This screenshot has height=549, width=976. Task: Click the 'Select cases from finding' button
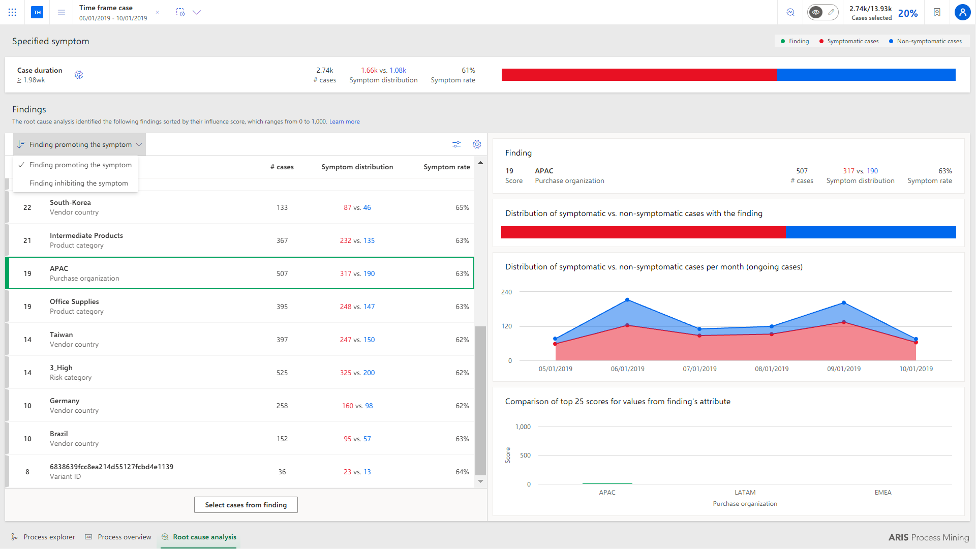click(x=246, y=505)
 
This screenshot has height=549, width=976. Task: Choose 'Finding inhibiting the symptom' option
click(x=79, y=183)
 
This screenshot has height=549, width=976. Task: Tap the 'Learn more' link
click(x=345, y=121)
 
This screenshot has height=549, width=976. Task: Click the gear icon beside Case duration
click(x=79, y=75)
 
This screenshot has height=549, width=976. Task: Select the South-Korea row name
click(x=70, y=202)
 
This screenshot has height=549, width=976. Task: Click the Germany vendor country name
click(x=65, y=401)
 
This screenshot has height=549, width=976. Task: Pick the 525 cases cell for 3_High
click(x=282, y=373)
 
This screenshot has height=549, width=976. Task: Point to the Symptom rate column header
click(x=447, y=167)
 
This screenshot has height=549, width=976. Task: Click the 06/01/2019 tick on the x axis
click(x=628, y=369)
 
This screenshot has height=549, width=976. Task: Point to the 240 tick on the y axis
click(x=506, y=292)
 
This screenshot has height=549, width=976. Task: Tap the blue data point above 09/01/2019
click(x=844, y=303)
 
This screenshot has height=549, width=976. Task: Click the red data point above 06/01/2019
click(x=627, y=325)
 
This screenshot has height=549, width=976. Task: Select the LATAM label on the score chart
click(x=745, y=492)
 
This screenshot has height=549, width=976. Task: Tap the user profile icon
click(x=962, y=12)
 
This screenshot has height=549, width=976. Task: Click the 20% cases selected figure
click(x=908, y=13)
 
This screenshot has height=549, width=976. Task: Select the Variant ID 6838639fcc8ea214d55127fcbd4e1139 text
click(x=111, y=467)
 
